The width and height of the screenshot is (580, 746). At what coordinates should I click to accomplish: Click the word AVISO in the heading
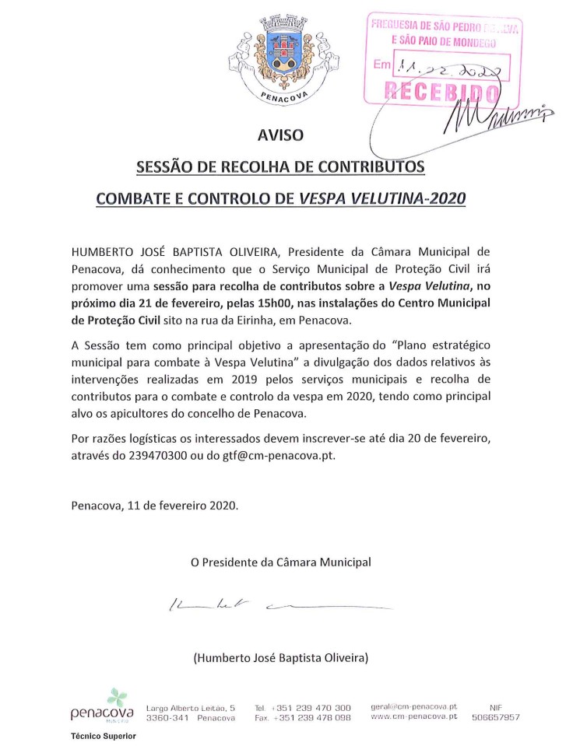[x=280, y=136]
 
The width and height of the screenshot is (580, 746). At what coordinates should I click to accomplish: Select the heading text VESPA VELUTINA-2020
[x=382, y=198]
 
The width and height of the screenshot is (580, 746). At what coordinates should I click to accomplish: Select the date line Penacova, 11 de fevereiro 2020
[x=155, y=504]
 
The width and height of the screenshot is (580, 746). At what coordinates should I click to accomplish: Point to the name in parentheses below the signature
[x=280, y=658]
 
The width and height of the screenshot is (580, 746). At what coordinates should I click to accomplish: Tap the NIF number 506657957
[x=496, y=717]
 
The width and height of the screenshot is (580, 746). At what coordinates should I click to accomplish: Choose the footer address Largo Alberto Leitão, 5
[x=191, y=708]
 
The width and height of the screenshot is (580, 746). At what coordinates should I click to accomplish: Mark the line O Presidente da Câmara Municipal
[x=280, y=561]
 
